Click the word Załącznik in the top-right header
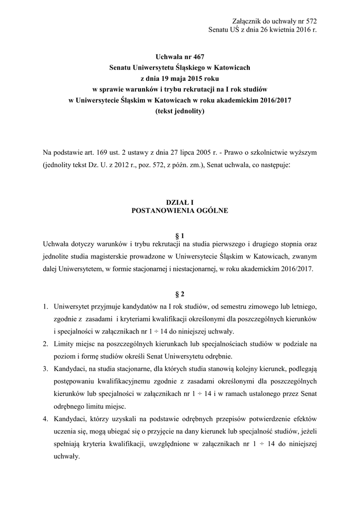pyautogui.click(x=246, y=21)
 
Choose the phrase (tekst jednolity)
pyautogui.click(x=180, y=111)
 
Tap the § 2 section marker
pyautogui.click(x=180, y=294)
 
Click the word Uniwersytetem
pyautogui.click(x=80, y=269)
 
